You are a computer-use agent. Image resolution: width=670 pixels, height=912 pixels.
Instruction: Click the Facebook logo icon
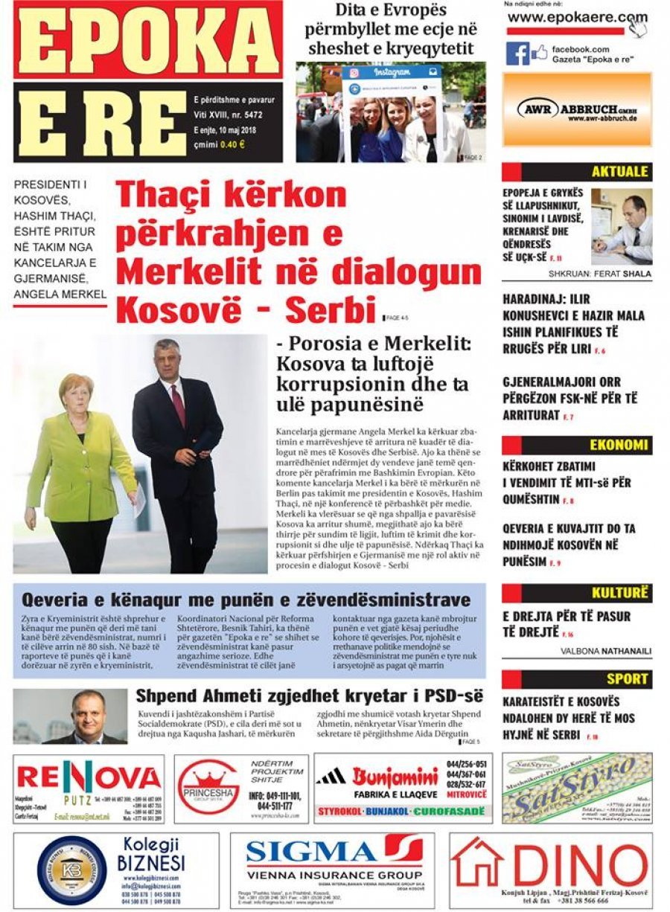click(517, 54)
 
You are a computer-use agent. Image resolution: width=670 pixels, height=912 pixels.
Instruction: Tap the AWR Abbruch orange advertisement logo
click(577, 109)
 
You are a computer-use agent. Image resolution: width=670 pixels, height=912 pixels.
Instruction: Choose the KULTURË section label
click(620, 593)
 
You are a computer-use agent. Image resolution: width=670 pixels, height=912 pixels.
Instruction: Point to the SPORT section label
click(627, 678)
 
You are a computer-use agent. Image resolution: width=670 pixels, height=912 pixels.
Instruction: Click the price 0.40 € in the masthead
click(232, 144)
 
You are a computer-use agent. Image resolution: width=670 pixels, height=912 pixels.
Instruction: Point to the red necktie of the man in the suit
click(179, 406)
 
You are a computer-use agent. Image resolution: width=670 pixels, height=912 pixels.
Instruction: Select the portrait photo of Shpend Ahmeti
click(70, 716)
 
